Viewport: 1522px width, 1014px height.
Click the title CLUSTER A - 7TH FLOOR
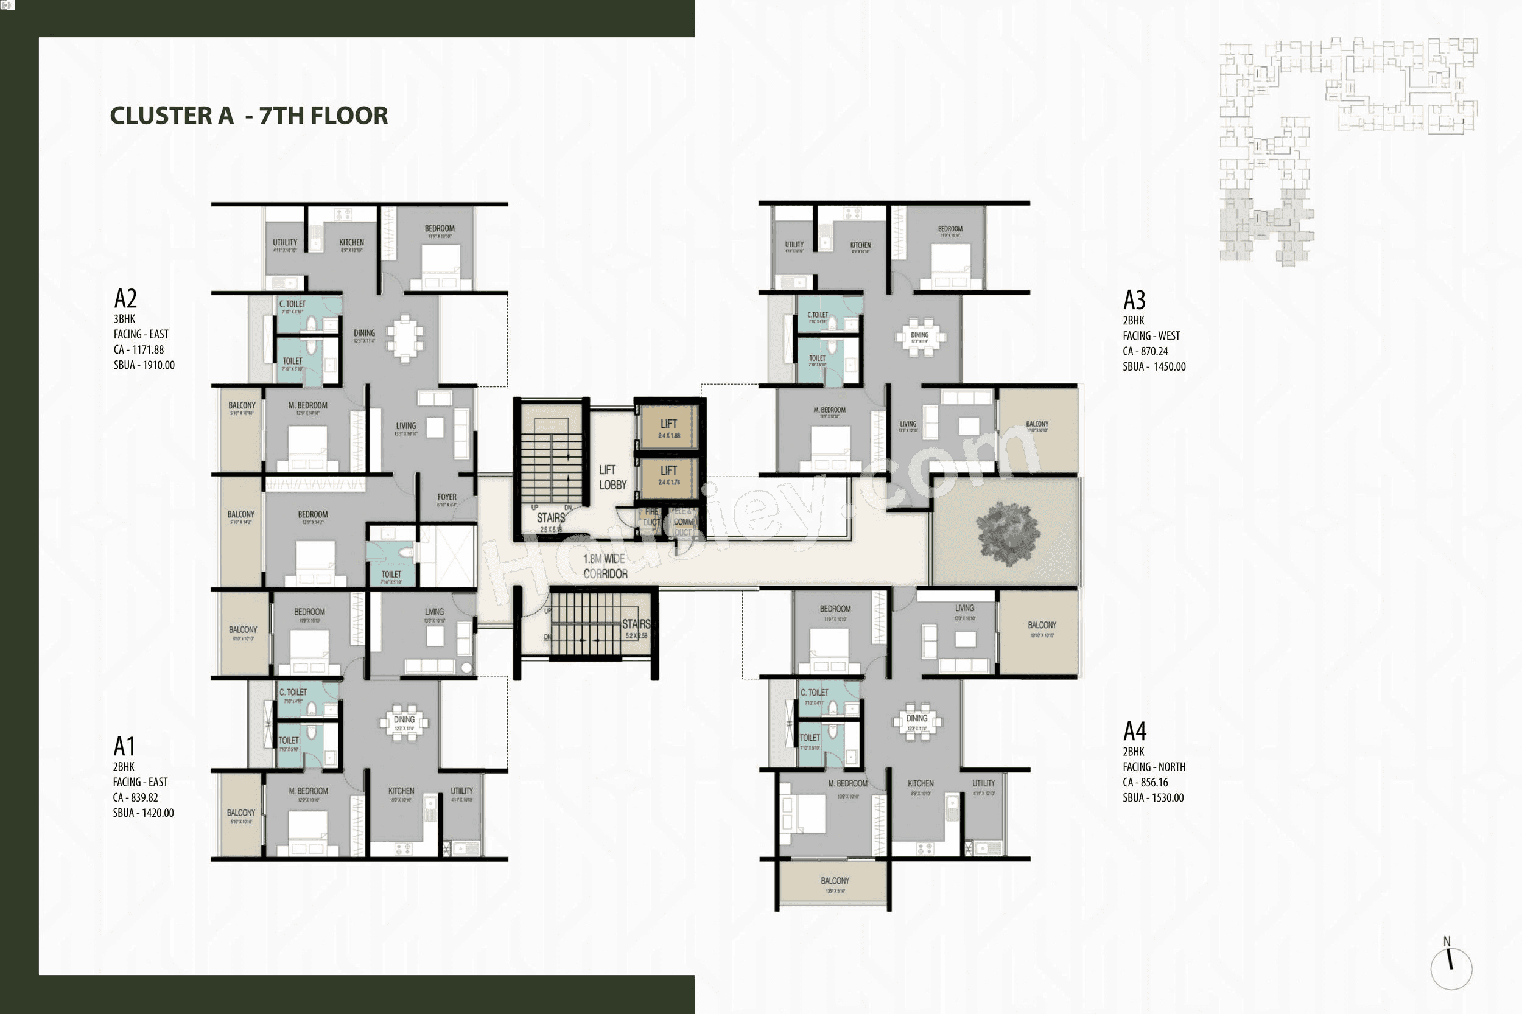pos(249,115)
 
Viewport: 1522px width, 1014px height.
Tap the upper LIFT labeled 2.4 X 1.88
pos(668,426)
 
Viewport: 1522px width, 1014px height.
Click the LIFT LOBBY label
pos(612,477)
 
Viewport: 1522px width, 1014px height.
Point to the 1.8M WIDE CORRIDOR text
pos(605,567)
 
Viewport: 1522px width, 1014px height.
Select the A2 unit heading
pos(125,299)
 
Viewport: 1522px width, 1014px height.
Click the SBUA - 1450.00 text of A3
pos(1154,366)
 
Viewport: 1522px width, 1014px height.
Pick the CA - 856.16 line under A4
pos(1145,783)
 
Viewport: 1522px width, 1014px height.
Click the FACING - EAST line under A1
pos(141,782)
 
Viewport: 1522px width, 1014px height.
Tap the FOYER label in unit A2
pos(446,497)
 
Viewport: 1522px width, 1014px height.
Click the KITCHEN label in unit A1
pos(401,791)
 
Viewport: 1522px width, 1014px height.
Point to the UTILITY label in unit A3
pos(794,245)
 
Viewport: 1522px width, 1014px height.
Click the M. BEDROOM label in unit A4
pos(847,783)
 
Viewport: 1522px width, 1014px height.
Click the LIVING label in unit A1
pos(434,612)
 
